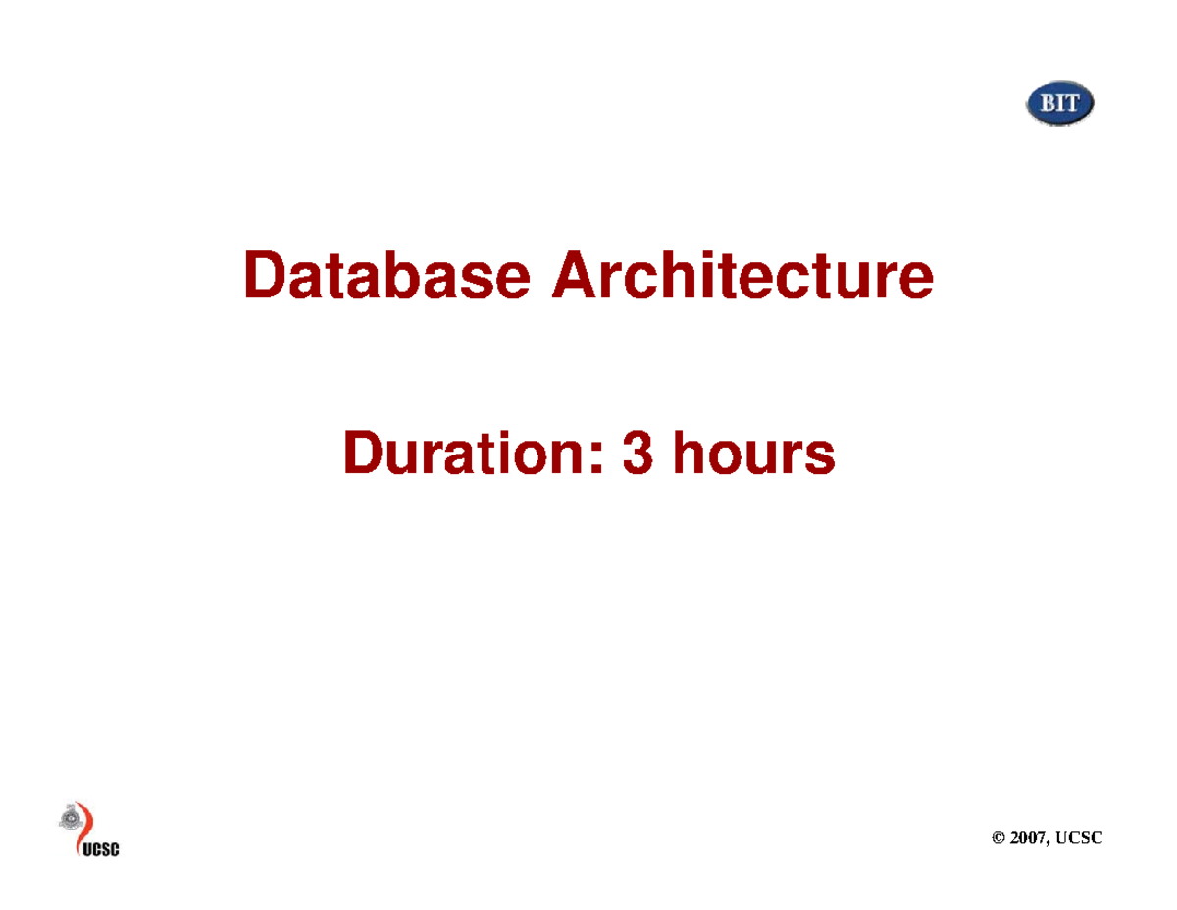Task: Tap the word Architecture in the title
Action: tap(742, 276)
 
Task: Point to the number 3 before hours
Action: tap(638, 455)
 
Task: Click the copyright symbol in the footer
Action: tap(999, 837)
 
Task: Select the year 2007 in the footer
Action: tap(1033, 837)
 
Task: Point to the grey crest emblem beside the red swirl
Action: tap(70, 817)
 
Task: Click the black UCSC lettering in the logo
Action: tap(99, 849)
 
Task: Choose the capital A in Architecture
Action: tap(572, 276)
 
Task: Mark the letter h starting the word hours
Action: tap(685, 455)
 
